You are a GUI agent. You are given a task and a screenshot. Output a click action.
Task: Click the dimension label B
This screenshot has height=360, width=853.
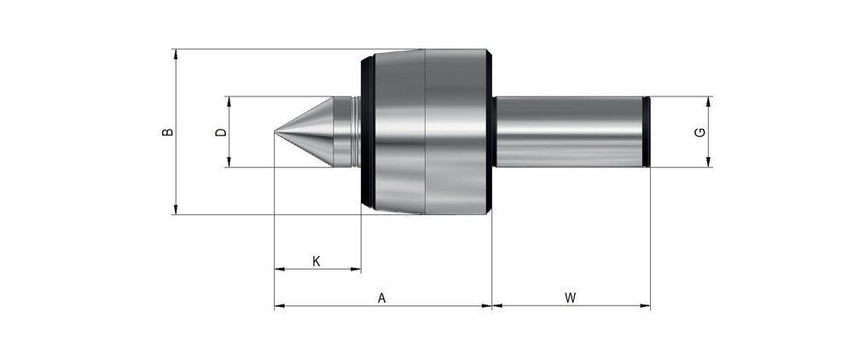pyautogui.click(x=168, y=132)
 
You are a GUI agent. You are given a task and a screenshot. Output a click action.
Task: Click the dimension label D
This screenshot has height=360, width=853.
pyautogui.click(x=220, y=132)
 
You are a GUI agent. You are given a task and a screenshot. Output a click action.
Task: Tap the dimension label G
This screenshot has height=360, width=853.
pyautogui.click(x=699, y=132)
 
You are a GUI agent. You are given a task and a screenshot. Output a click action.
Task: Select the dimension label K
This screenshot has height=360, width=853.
pyautogui.click(x=316, y=260)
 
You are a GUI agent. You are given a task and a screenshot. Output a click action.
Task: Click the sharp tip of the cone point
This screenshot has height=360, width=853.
pyautogui.click(x=276, y=132)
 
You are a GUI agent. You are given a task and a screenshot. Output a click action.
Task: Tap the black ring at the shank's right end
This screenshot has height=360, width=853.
pyautogui.click(x=647, y=132)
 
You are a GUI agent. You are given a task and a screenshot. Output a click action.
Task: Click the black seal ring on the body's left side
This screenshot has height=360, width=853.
pyautogui.click(x=368, y=132)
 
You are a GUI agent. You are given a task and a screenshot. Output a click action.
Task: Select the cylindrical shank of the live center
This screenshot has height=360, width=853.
pyautogui.click(x=567, y=132)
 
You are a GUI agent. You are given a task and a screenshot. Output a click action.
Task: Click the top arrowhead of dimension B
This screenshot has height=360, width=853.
pyautogui.click(x=176, y=54)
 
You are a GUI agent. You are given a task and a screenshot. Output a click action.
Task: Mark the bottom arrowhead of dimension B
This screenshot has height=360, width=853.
pyautogui.click(x=176, y=210)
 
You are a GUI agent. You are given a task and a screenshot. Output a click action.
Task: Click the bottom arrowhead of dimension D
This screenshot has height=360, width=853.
pyautogui.click(x=229, y=162)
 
